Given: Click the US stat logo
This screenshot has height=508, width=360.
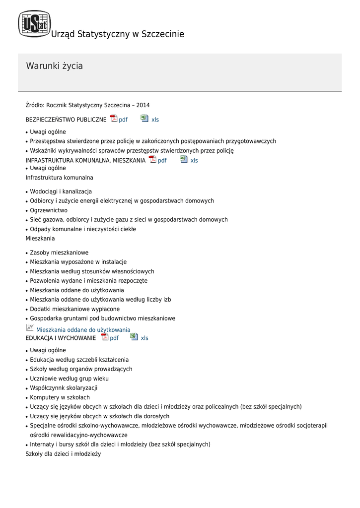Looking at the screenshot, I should point(34,24).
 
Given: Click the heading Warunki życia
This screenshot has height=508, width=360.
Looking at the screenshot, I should point(54,66).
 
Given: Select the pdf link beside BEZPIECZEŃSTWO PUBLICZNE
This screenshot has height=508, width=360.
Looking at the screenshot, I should point(123,120).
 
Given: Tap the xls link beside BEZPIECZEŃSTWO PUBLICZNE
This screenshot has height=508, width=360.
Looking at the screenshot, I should point(155,120).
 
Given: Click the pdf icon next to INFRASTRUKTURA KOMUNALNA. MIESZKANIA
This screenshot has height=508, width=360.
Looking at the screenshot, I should point(152,160).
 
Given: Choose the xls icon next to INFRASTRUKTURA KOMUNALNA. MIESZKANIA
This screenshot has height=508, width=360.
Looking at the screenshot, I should point(184,160).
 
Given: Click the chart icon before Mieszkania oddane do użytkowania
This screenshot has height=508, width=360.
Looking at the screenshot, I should point(30,328).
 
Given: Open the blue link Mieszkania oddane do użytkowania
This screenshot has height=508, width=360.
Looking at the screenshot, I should point(83,330).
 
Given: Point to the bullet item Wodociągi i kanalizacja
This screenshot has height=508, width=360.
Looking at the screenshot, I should point(61,191).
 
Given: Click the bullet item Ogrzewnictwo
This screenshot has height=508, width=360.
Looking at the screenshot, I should point(49,210).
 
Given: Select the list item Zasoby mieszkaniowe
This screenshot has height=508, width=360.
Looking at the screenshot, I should point(59,253).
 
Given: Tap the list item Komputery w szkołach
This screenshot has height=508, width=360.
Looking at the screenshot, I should point(60,397).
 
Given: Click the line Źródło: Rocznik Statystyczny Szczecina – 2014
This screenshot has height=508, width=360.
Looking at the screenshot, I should point(87,105).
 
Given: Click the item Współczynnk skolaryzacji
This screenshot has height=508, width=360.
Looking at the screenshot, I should point(64,388).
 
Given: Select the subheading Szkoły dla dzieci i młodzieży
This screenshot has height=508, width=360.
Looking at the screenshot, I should point(63,453).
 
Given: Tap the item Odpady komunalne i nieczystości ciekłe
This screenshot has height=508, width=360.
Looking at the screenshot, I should point(83,229).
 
